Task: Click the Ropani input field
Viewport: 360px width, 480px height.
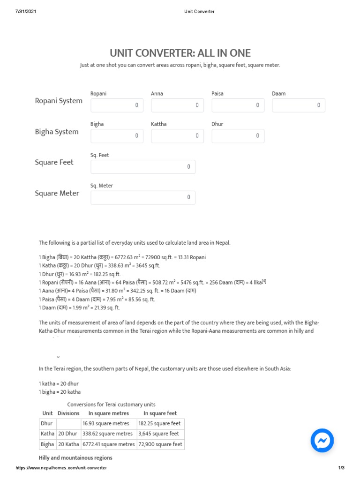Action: (x=117, y=105)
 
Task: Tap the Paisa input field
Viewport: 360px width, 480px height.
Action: (x=238, y=105)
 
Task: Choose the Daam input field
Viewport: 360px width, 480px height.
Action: (x=299, y=105)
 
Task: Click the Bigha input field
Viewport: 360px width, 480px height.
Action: (x=117, y=136)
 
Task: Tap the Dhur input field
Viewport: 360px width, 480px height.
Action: (x=238, y=136)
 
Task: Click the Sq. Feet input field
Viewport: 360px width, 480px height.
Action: (x=143, y=167)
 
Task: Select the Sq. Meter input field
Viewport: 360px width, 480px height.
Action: (x=143, y=197)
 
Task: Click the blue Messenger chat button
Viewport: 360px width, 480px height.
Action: (x=322, y=440)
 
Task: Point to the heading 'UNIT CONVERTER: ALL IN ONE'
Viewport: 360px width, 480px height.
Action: (x=180, y=53)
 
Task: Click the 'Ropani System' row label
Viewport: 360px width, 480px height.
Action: (x=59, y=101)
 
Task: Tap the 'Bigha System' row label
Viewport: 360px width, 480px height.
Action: (x=57, y=132)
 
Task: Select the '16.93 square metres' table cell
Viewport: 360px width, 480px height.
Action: (x=108, y=423)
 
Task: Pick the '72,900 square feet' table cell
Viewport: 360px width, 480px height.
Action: (x=160, y=444)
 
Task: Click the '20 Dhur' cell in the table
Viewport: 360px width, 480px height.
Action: (x=68, y=434)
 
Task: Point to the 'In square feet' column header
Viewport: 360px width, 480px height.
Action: (x=160, y=413)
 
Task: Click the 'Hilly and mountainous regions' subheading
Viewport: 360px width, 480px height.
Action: (x=75, y=457)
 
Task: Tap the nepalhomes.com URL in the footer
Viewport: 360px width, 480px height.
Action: (x=61, y=468)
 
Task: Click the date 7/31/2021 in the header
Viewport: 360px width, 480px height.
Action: (x=26, y=12)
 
